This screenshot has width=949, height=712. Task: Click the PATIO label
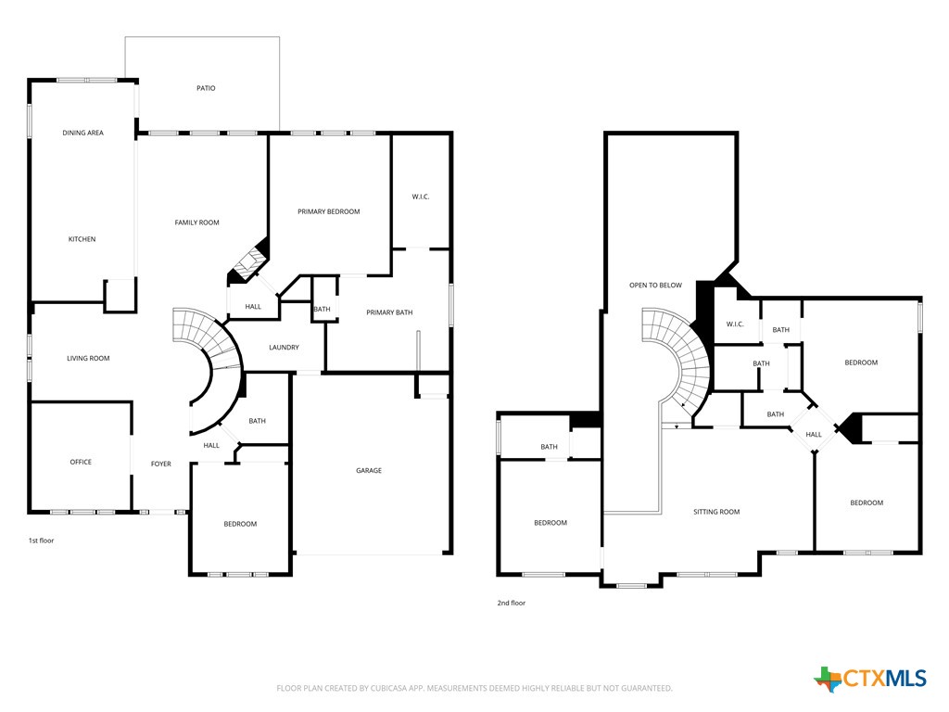click(x=206, y=88)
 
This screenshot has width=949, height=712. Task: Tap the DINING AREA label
click(x=82, y=133)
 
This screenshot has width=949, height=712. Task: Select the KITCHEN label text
click(x=82, y=239)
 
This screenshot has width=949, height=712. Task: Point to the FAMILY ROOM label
click(x=197, y=222)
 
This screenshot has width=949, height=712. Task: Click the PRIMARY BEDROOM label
click(x=328, y=211)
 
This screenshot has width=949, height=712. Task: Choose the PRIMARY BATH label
click(x=389, y=312)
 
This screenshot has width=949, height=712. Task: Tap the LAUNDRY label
click(x=284, y=348)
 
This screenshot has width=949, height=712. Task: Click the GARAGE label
click(x=369, y=471)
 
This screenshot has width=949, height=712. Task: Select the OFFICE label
click(x=81, y=462)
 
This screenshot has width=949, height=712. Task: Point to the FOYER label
click(x=161, y=464)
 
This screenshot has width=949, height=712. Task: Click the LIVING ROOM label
click(x=88, y=358)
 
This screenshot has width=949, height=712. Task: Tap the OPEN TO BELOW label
click(x=655, y=285)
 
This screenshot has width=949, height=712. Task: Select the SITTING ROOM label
click(x=716, y=512)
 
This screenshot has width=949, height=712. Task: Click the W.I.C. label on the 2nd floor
click(x=735, y=324)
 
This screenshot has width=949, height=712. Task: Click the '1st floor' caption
click(x=41, y=540)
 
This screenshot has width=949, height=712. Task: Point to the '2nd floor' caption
click(x=511, y=603)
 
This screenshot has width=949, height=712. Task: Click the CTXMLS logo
click(x=870, y=679)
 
